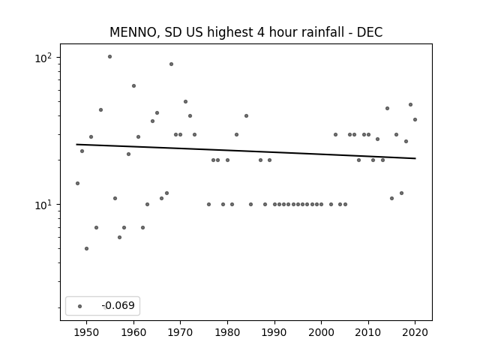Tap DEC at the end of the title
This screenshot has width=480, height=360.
tap(370, 32)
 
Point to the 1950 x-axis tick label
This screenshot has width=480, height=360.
tap(87, 332)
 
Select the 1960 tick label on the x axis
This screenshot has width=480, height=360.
tap(133, 332)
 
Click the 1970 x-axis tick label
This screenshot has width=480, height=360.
tap(180, 332)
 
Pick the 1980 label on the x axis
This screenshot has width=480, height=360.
tap(227, 332)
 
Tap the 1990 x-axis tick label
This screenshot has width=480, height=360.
tap(274, 332)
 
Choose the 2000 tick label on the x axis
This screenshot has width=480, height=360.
tap(321, 332)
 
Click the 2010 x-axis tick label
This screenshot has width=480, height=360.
tap(368, 332)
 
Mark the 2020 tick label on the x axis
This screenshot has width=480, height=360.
tap(415, 332)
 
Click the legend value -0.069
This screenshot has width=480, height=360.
tap(118, 305)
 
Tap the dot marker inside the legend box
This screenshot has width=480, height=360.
tap(80, 306)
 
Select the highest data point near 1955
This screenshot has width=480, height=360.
tap(110, 57)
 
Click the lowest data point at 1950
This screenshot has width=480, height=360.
tap(87, 248)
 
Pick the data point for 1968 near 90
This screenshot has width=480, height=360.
tap(172, 64)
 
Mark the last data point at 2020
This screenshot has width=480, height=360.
tap(415, 120)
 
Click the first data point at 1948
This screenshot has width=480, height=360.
tap(77, 183)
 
